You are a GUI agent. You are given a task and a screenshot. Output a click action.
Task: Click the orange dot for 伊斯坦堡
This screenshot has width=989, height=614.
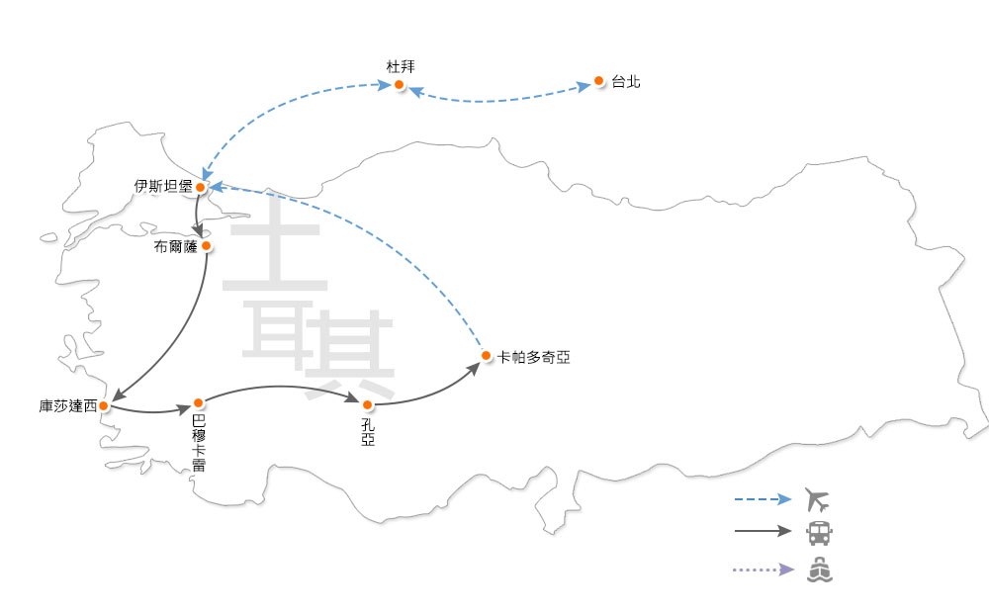[201, 186]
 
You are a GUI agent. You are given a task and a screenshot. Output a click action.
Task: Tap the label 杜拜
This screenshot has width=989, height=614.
[401, 66]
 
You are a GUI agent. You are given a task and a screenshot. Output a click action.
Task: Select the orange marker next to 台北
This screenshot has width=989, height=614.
[598, 80]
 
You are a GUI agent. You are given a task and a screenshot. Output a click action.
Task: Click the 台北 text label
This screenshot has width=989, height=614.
[626, 82]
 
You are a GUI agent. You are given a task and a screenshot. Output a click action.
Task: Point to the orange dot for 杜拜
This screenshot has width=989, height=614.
[400, 85]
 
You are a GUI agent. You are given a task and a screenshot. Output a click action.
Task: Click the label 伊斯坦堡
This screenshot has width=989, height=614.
[164, 186]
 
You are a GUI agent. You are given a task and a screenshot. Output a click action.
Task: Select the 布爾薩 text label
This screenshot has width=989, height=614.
[176, 246]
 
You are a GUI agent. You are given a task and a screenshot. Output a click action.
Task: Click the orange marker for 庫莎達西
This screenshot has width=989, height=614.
[104, 405]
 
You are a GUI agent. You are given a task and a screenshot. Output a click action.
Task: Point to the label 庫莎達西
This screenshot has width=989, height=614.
[68, 406]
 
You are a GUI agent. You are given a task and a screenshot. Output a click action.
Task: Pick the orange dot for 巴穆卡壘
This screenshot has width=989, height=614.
[199, 402]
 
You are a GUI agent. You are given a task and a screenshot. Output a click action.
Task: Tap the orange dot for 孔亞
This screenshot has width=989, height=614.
[368, 404]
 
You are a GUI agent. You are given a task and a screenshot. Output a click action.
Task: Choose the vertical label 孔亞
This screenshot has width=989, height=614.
[368, 433]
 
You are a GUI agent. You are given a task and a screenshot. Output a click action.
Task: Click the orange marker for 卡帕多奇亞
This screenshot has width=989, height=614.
[486, 355]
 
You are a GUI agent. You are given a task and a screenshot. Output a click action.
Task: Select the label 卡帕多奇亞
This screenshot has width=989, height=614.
[534, 357]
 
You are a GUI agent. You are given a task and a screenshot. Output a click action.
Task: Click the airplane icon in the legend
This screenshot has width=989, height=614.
[819, 499]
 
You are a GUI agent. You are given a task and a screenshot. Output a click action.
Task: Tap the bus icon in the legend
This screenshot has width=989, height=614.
[819, 533]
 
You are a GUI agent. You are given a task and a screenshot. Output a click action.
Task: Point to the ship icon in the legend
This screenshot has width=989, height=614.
[820, 570]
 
